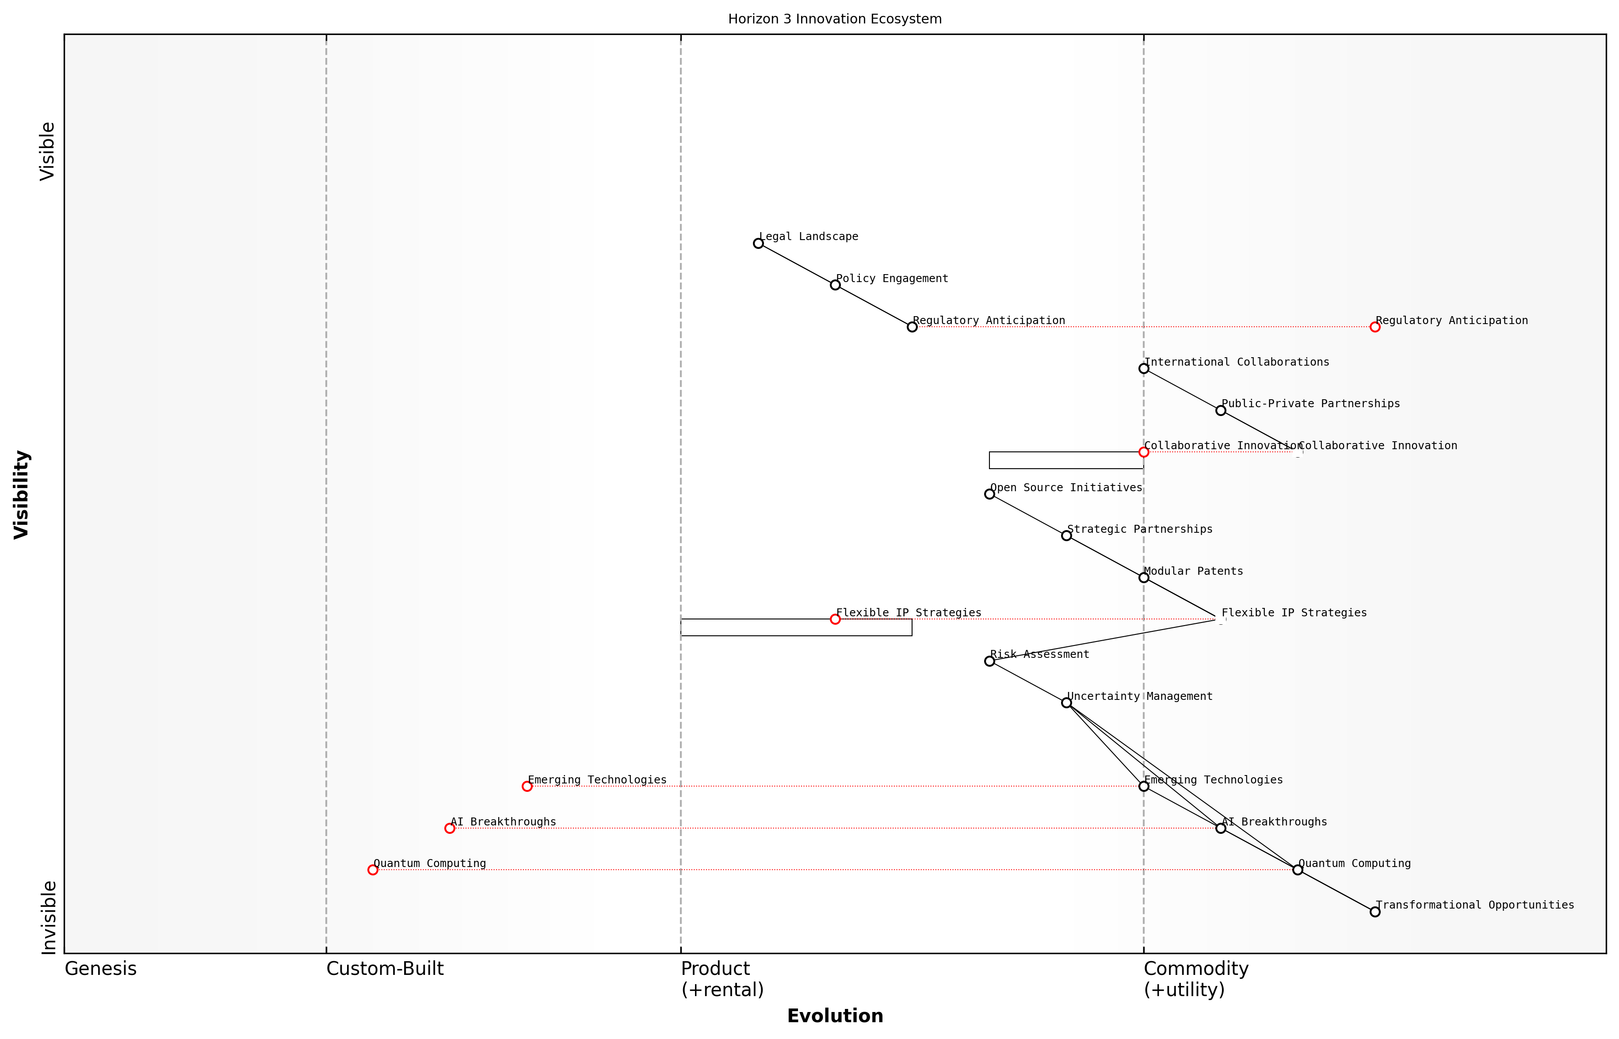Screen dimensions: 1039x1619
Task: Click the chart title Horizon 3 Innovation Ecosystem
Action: point(834,19)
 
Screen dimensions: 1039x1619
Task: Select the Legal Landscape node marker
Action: point(758,243)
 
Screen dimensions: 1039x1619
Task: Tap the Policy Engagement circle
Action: point(835,285)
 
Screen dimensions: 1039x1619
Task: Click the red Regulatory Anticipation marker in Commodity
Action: point(1375,327)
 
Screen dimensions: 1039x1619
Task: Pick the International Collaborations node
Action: point(1143,368)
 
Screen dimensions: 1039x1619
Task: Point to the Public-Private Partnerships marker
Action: point(1220,410)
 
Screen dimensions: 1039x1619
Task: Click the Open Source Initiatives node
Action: point(989,494)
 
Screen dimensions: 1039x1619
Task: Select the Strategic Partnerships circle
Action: point(1066,536)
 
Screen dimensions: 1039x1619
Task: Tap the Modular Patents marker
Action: point(1143,577)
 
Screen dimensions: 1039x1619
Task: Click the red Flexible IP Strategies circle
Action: point(835,619)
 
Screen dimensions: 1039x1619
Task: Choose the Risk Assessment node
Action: point(989,661)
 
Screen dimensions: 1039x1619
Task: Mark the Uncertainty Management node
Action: point(1066,703)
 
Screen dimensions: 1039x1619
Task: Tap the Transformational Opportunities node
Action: point(1375,912)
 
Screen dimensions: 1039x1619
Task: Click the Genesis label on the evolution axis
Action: point(100,969)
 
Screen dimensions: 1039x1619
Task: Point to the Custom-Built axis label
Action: point(385,969)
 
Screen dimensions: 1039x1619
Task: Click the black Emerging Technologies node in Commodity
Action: point(1143,786)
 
